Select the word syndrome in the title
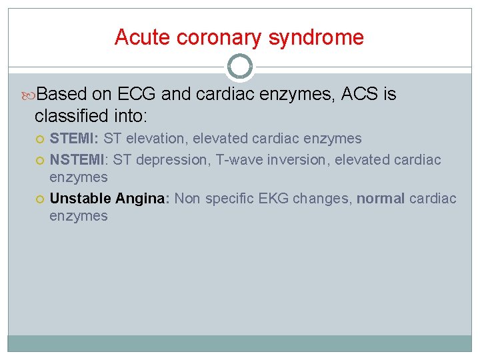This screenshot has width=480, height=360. coord(316,37)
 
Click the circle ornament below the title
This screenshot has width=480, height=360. coord(240,67)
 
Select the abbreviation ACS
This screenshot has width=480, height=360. coord(360,95)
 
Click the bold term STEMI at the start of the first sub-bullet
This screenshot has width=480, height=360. coord(74,139)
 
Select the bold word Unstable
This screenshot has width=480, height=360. coord(80,199)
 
